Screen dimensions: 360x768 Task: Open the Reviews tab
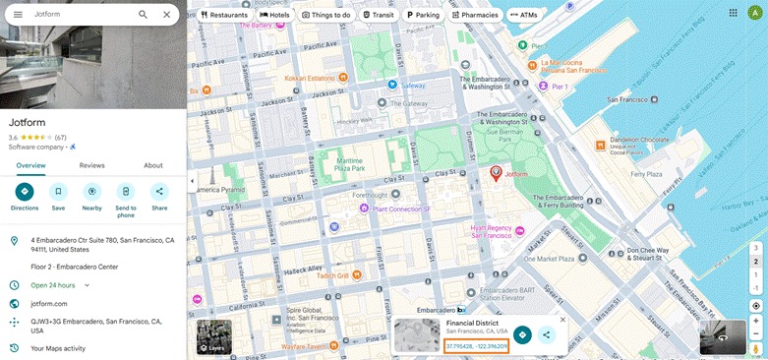(x=91, y=165)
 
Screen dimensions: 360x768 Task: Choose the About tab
(x=153, y=165)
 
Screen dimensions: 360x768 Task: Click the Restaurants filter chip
(x=223, y=15)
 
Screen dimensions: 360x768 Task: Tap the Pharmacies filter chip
(x=475, y=15)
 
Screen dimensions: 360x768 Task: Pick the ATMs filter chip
(x=524, y=15)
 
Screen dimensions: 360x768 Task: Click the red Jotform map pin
(x=496, y=173)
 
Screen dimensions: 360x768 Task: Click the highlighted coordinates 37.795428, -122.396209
(x=476, y=346)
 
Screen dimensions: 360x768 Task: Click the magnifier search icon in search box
(x=144, y=15)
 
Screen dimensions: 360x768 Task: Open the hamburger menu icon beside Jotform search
(x=18, y=15)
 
